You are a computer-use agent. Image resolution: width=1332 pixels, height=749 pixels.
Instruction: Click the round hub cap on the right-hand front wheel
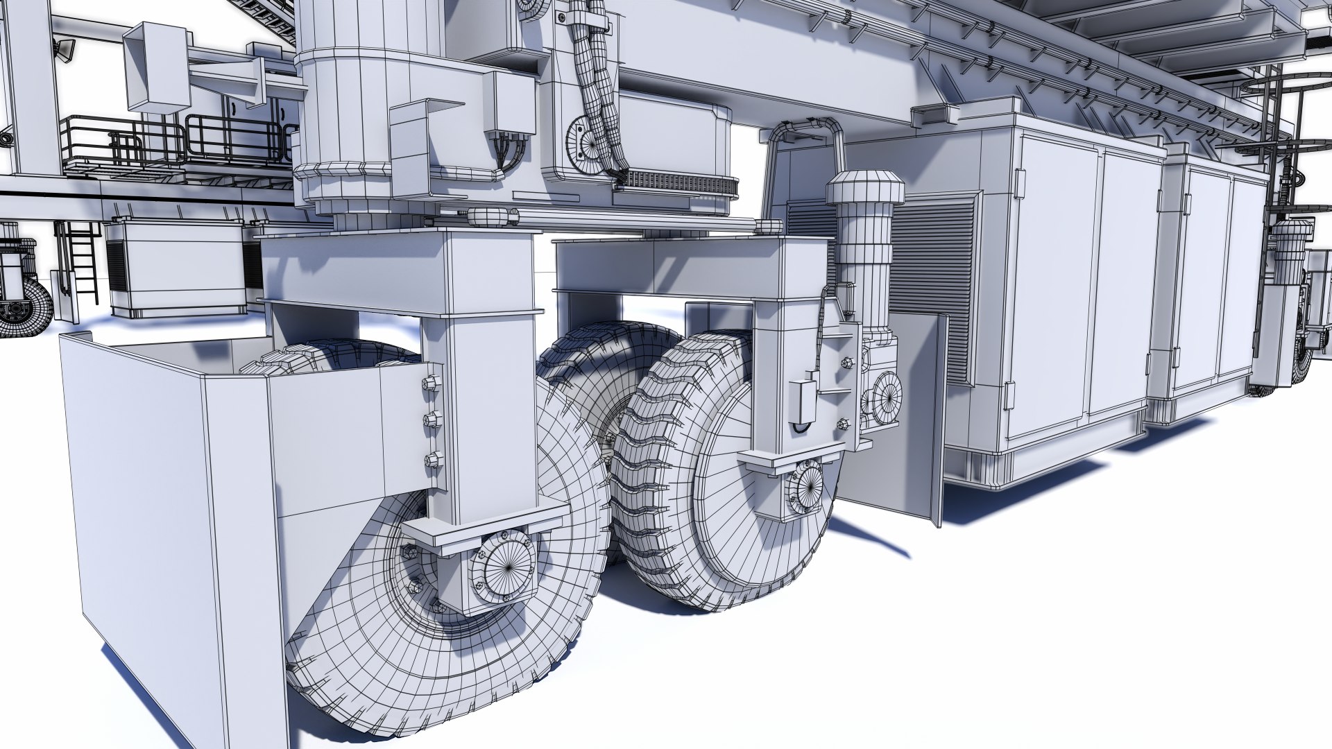coord(807,490)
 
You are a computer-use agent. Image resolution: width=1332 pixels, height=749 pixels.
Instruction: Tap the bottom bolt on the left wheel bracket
coord(434,459)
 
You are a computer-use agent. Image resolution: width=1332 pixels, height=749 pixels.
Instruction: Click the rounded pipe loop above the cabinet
coord(805,132)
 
